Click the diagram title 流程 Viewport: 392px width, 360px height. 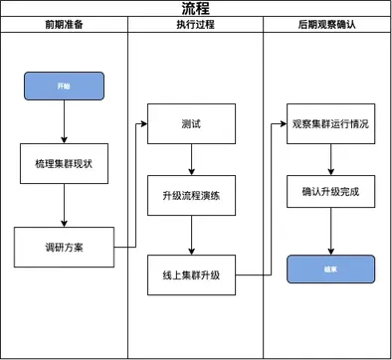pyautogui.click(x=196, y=9)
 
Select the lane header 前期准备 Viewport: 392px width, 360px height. pyautogui.click(x=65, y=24)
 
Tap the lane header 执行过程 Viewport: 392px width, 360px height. pyautogui.click(x=195, y=24)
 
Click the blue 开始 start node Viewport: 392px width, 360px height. pyautogui.click(x=64, y=87)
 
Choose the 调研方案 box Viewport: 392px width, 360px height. pyautogui.click(x=64, y=246)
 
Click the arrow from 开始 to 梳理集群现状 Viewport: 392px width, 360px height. pyautogui.click(x=64, y=121)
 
